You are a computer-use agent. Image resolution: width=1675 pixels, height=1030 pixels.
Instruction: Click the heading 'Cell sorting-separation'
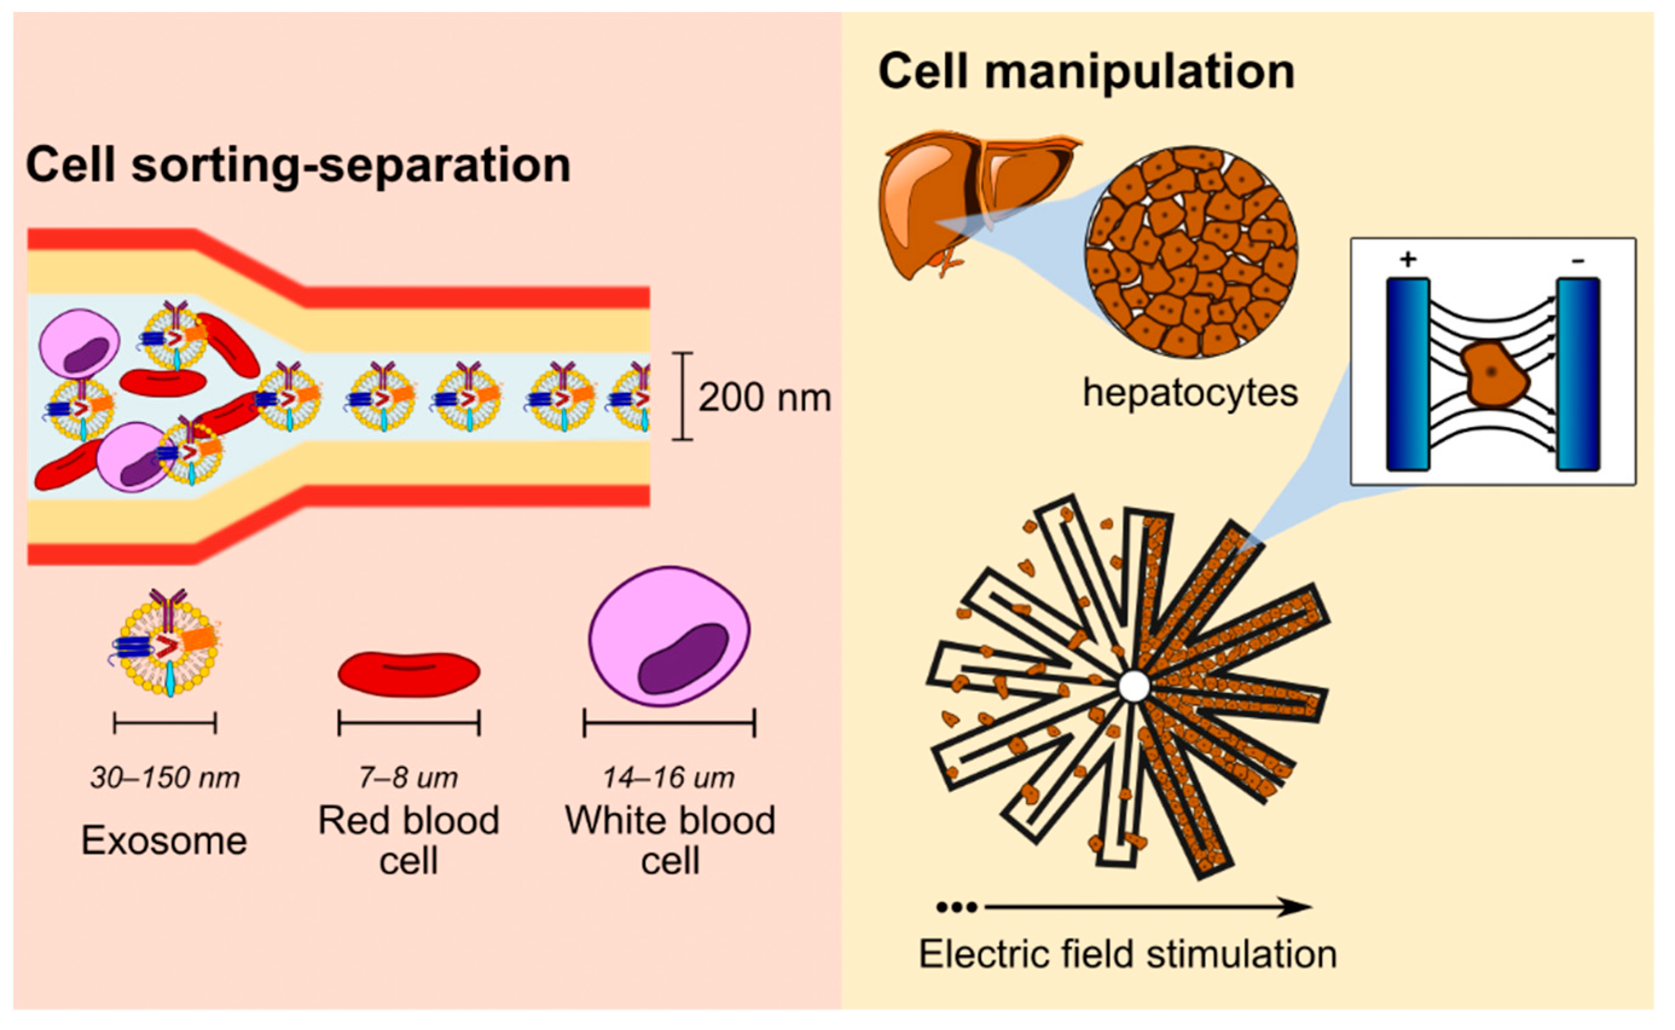298,165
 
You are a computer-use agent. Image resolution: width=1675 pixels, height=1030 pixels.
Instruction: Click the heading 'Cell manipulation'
1085,72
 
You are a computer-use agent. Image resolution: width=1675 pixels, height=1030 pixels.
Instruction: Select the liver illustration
954,204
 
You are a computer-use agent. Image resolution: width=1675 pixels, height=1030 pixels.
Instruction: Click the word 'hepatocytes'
1190,393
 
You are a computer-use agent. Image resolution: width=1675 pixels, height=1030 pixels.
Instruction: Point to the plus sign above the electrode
1407,260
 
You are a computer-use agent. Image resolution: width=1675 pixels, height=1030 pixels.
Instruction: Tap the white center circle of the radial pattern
1133,686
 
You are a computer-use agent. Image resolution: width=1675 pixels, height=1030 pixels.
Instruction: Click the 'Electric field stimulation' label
1128,955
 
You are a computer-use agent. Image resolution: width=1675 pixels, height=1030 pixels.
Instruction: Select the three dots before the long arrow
957,907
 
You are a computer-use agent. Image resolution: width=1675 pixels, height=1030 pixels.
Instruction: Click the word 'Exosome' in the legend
164,840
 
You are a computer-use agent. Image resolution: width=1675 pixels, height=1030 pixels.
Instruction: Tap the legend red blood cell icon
409,674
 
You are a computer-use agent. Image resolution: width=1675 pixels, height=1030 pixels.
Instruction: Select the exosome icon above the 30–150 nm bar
166,644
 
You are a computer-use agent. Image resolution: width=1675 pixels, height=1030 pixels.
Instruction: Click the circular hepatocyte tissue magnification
1191,252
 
